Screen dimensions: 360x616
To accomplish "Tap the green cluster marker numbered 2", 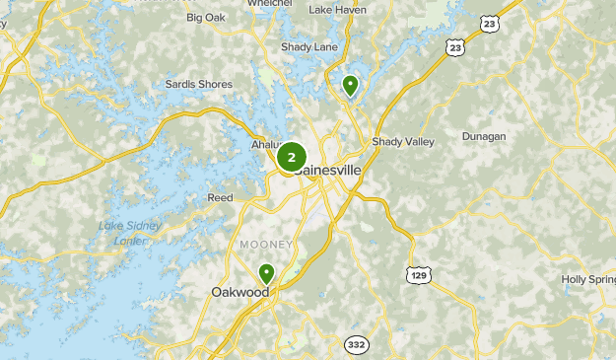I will click(292, 157).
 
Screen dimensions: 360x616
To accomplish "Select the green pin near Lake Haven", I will click(349, 86).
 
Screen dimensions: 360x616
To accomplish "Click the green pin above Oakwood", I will click(266, 273).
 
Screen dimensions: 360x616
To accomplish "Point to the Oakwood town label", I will click(240, 292).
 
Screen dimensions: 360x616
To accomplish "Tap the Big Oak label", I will click(205, 18).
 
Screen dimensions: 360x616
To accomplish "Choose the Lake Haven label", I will click(337, 10).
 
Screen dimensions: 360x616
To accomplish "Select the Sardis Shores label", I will click(199, 85).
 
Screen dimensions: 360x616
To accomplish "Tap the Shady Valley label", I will click(403, 142).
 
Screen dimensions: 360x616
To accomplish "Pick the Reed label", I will click(220, 198).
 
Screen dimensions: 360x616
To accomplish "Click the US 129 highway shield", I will click(418, 274).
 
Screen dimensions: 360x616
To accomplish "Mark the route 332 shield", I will click(356, 344).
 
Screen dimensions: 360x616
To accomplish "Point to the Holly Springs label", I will click(588, 279).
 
